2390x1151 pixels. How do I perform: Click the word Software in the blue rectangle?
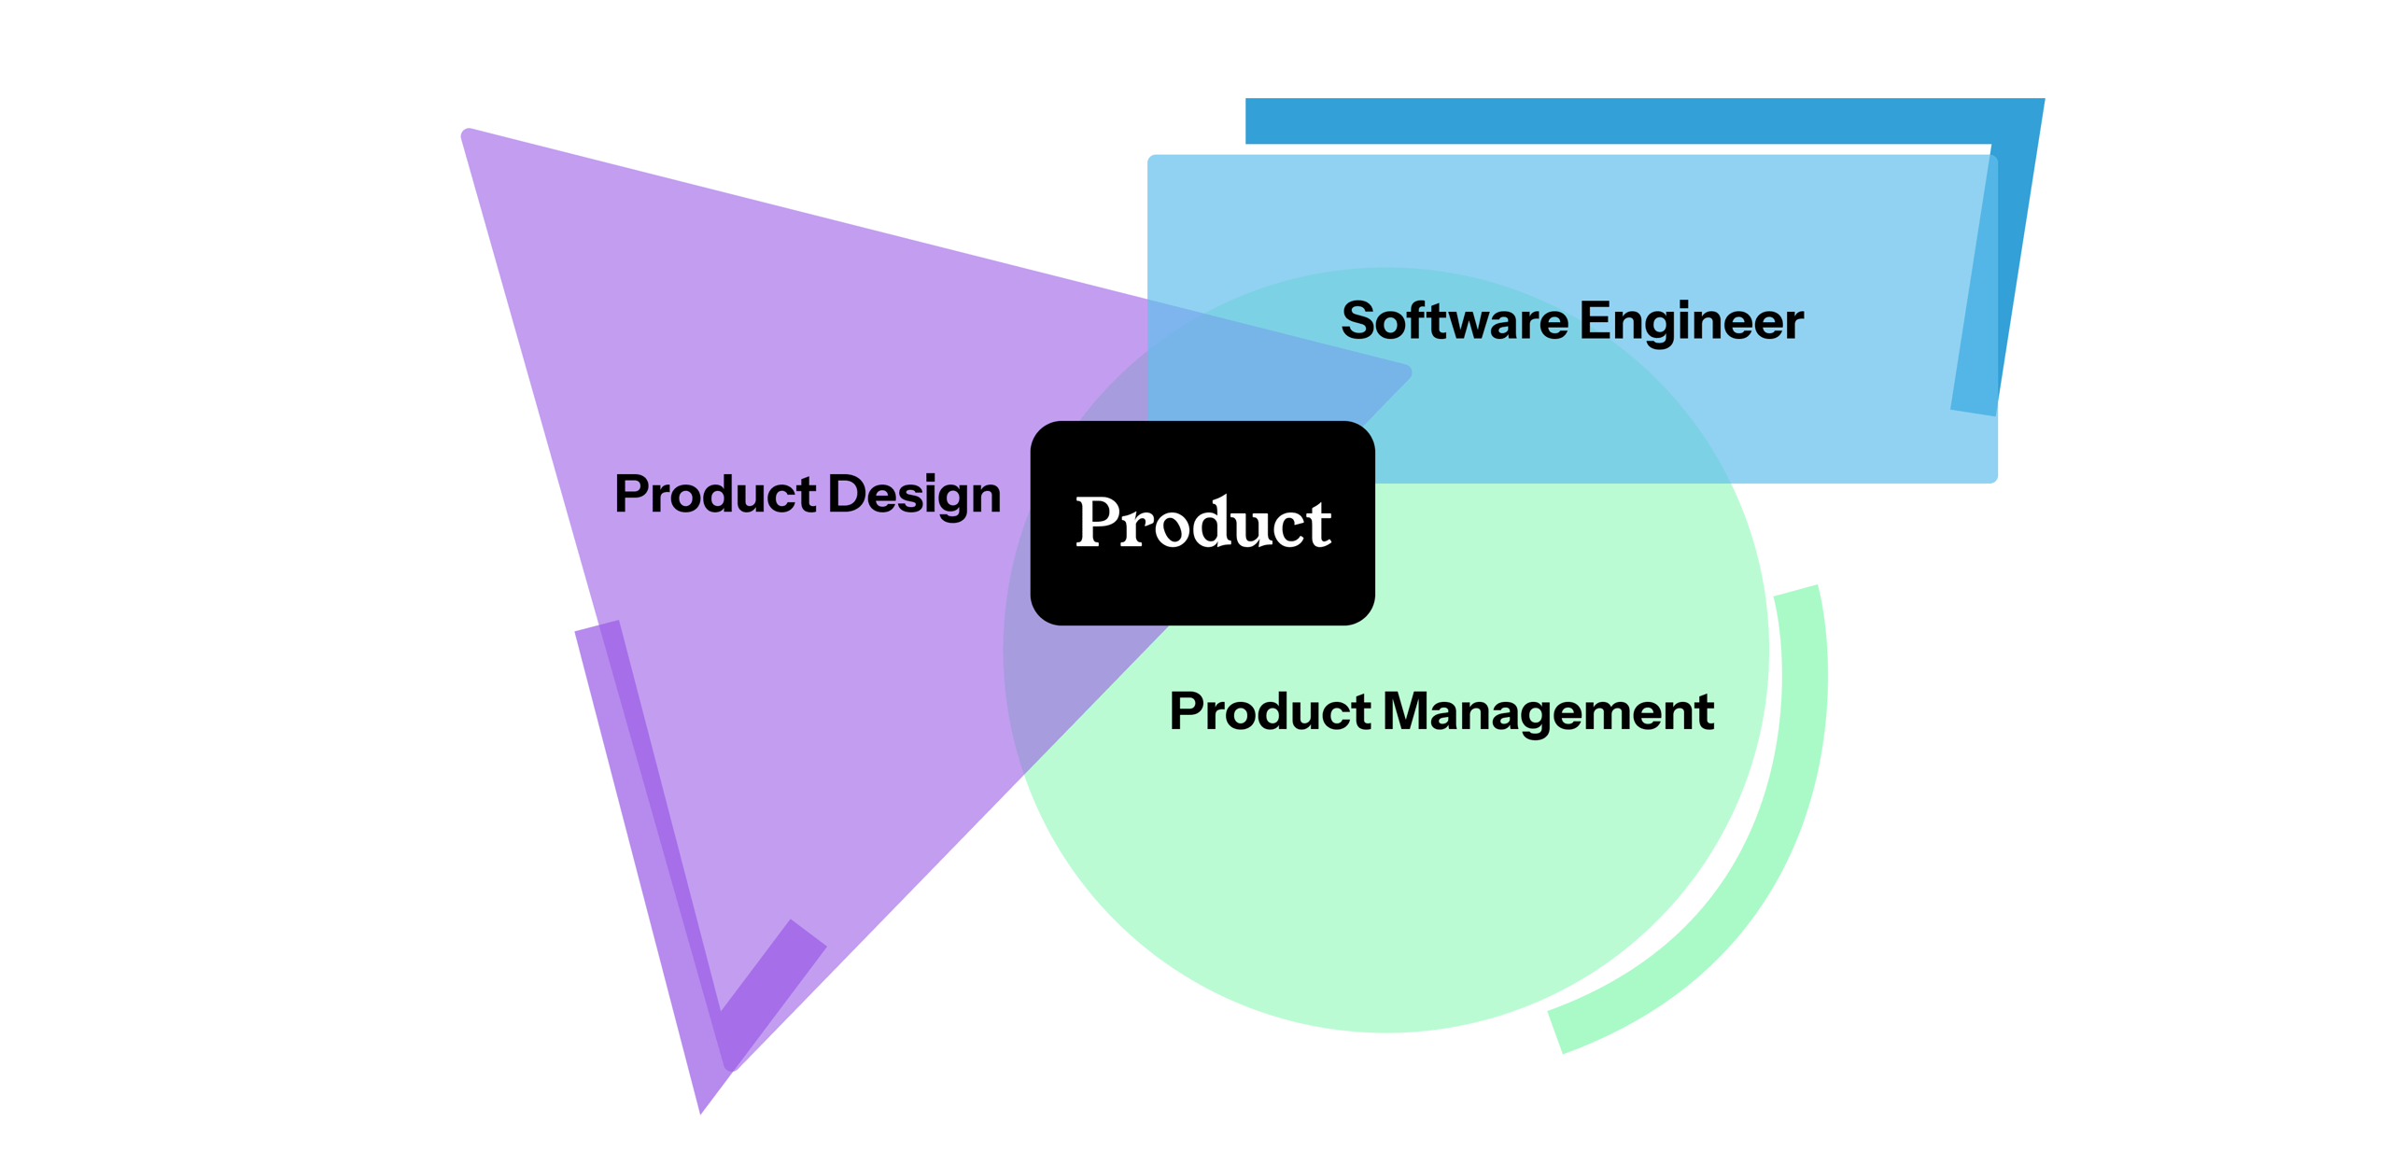coord(1454,321)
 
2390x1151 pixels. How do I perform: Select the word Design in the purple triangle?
coord(914,495)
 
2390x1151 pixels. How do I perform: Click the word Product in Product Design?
coord(715,494)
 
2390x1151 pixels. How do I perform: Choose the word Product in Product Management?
coord(1270,711)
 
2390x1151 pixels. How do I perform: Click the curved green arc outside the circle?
coord(1774,840)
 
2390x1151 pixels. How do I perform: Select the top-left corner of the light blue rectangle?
coord(1152,160)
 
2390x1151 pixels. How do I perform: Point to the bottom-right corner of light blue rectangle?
coord(1993,478)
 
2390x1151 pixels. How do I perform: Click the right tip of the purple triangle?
coord(1408,372)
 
